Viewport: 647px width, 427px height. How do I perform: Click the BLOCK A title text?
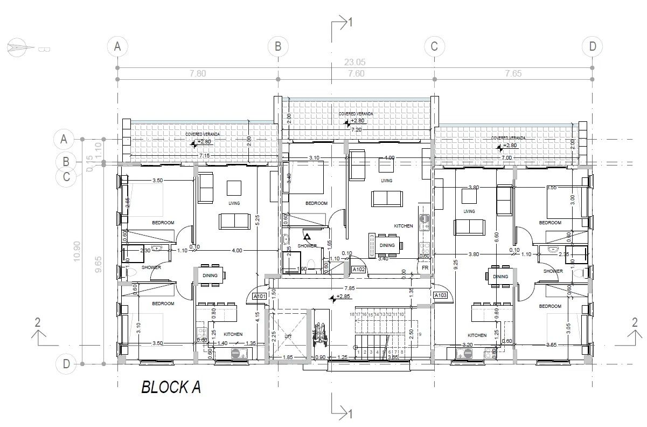pos(171,388)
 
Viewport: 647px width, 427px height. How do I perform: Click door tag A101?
pos(260,296)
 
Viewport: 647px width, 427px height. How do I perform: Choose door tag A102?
pos(359,269)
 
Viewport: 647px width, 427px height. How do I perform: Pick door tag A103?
pos(440,295)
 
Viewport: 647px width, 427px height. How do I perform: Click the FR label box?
pos(425,268)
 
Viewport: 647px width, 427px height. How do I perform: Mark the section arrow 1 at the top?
pos(343,23)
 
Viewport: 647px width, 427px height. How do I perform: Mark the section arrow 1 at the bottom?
pos(343,413)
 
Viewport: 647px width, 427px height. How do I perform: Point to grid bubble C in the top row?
pos(434,46)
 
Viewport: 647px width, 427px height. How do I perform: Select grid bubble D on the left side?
pos(66,364)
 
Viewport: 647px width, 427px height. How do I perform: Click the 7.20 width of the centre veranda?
pos(356,130)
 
